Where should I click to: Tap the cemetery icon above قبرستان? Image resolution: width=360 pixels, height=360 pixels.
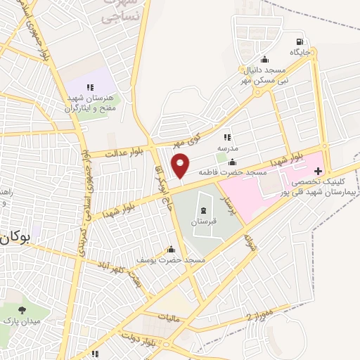pyautogui.click(x=203, y=211)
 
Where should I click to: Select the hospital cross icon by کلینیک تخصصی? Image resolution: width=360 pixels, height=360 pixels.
pyautogui.click(x=318, y=171)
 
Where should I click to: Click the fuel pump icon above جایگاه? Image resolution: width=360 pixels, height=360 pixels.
pyautogui.click(x=300, y=42)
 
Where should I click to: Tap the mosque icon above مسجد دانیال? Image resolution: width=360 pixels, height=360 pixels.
pyautogui.click(x=264, y=60)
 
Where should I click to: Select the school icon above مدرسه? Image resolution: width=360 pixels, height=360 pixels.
pyautogui.click(x=226, y=137)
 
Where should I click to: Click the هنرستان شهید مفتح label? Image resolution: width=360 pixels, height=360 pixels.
pyautogui.click(x=89, y=100)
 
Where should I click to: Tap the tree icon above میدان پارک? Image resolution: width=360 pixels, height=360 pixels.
pyautogui.click(x=21, y=310)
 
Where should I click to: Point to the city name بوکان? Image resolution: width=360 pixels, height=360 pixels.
pyautogui.click(x=15, y=238)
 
